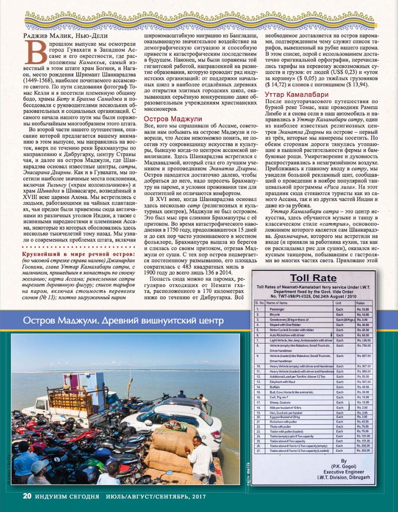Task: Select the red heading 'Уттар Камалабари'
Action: (296, 94)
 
